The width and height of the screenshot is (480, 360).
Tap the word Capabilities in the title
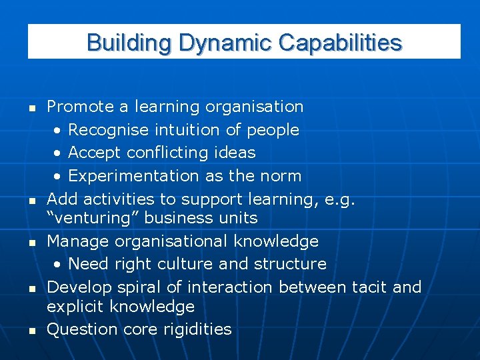[340, 43]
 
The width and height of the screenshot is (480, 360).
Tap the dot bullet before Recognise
[59, 130]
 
